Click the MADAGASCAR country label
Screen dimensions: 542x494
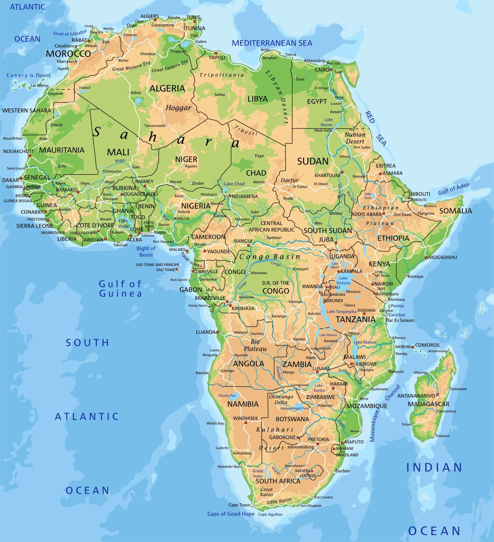pos(428,404)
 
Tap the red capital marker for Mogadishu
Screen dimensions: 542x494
pos(426,257)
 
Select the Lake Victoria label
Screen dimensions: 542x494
pos(343,280)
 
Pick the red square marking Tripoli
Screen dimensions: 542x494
pos(216,53)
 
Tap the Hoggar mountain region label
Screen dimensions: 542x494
pos(178,108)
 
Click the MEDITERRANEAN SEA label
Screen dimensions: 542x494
pos(272,43)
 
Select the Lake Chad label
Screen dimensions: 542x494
pos(234,184)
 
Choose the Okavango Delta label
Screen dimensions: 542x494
pos(281,399)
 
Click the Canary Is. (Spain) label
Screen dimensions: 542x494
pos(29,75)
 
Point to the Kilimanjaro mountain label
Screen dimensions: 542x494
pos(387,294)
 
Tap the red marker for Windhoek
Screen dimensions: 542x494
pos(246,423)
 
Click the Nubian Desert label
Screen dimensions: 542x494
pos(355,138)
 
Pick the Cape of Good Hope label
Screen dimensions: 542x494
pos(231,514)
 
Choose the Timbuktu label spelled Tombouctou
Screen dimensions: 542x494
pos(112,171)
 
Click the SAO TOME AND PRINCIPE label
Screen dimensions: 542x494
pos(157,265)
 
